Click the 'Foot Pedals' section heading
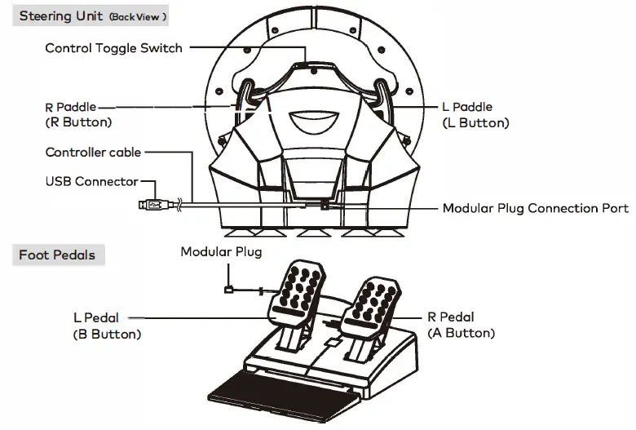(x=57, y=255)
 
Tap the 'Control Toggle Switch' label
(x=113, y=48)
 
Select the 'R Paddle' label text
(x=70, y=107)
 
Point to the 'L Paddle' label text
(x=467, y=107)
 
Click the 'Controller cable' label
(x=93, y=153)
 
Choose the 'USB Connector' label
(x=91, y=181)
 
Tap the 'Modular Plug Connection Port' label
(x=535, y=208)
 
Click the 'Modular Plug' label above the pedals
(x=221, y=252)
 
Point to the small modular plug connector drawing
(x=229, y=288)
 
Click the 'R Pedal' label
(x=450, y=317)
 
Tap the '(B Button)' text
(x=107, y=334)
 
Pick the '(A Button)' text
(x=461, y=333)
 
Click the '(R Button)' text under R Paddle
(x=78, y=122)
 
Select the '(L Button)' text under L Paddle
(x=475, y=123)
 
